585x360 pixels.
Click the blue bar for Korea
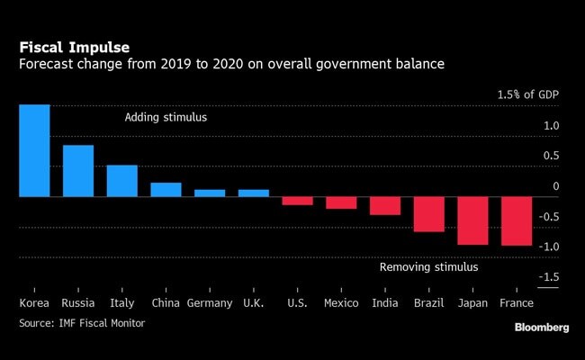coord(34,150)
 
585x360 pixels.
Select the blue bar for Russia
coord(78,171)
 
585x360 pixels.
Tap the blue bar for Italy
coord(121,181)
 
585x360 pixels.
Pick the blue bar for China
coord(166,189)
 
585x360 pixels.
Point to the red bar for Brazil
coord(428,214)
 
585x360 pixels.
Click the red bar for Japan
coord(472,220)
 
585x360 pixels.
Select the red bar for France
coord(517,220)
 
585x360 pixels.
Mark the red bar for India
coord(385,205)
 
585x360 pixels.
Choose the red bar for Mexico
coord(341,202)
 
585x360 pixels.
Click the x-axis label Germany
coord(210,303)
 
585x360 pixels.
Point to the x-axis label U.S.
coord(297,303)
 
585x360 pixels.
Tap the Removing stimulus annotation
coord(428,267)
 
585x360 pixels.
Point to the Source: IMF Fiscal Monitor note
coord(82,322)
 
